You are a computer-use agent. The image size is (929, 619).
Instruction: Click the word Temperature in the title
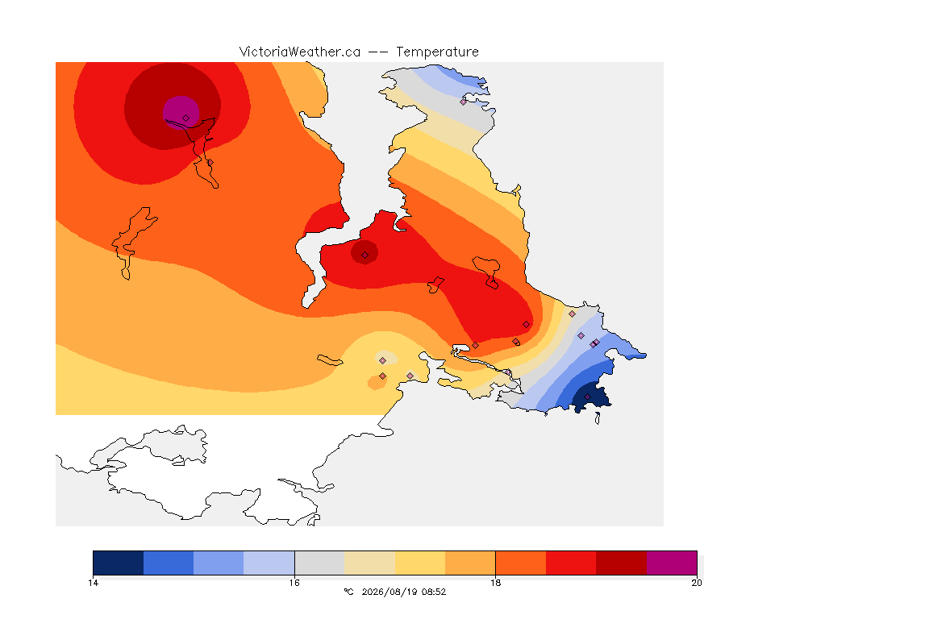click(437, 52)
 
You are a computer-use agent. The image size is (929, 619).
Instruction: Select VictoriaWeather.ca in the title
click(300, 52)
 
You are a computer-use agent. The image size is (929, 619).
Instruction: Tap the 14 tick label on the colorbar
click(93, 583)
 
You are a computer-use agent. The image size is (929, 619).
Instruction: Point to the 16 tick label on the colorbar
click(294, 583)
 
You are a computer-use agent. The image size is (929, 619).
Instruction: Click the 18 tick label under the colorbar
click(495, 583)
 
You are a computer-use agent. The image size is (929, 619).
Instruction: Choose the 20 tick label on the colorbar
click(697, 583)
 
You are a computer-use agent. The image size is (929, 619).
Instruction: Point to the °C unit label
click(348, 592)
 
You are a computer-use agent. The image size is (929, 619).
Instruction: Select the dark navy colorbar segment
click(118, 563)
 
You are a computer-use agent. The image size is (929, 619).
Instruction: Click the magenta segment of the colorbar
click(671, 563)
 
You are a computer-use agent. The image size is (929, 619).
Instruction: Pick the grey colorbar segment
click(319, 563)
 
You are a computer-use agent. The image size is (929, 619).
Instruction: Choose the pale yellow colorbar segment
click(420, 563)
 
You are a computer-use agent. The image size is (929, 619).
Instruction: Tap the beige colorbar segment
click(369, 563)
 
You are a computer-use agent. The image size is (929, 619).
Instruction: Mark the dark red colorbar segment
click(621, 563)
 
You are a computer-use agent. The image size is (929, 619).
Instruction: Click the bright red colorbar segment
click(571, 563)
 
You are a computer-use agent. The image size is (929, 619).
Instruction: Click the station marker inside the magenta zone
click(186, 118)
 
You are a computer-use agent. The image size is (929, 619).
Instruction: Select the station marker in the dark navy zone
click(587, 397)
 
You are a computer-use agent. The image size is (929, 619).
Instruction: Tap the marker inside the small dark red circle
click(365, 255)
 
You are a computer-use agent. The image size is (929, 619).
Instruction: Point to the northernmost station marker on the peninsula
click(464, 102)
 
